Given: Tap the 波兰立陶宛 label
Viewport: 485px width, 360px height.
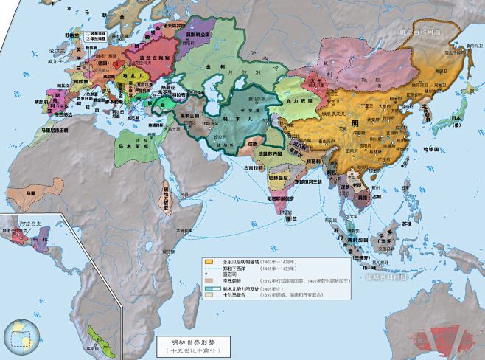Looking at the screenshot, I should (131, 56).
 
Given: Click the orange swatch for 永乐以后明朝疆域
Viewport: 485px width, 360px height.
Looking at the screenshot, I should (209, 261).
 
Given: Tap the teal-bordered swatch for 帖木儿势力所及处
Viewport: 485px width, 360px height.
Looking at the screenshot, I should (209, 288).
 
